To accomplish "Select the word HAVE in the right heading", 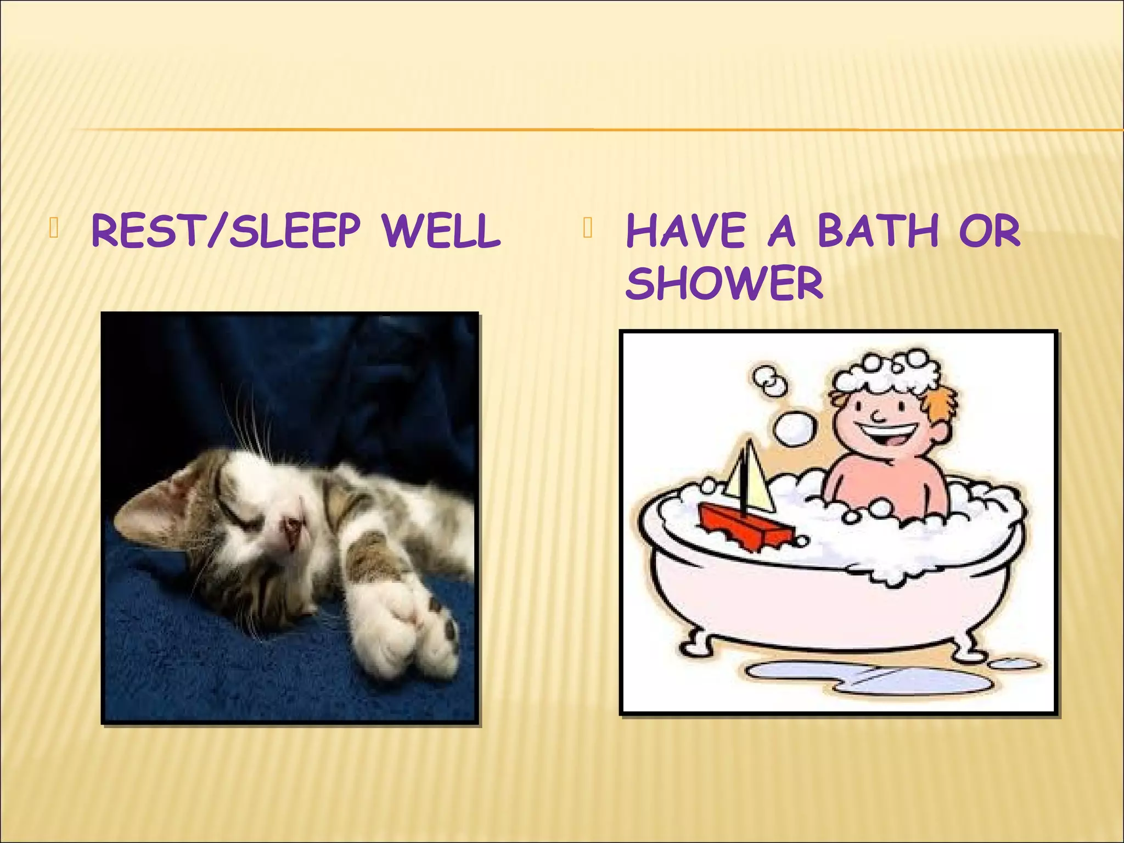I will tap(685, 232).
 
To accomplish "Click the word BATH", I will tap(878, 232).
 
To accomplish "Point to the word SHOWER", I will tap(724, 283).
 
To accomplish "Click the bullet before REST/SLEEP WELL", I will tap(53, 228).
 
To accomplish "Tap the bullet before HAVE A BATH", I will tap(588, 228).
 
